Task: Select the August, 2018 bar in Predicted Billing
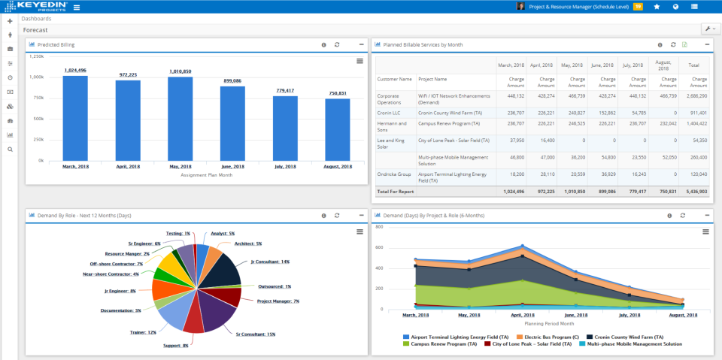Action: (x=337, y=129)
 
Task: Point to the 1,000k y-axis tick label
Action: (x=37, y=77)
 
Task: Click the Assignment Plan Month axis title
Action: (x=206, y=174)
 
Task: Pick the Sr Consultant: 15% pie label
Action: (x=255, y=334)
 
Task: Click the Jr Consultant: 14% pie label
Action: (x=270, y=262)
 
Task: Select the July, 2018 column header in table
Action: (x=633, y=65)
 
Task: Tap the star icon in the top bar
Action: (x=657, y=7)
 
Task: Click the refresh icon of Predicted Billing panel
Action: (x=337, y=45)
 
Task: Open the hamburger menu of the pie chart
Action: (x=359, y=231)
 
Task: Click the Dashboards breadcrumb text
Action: (x=37, y=19)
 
